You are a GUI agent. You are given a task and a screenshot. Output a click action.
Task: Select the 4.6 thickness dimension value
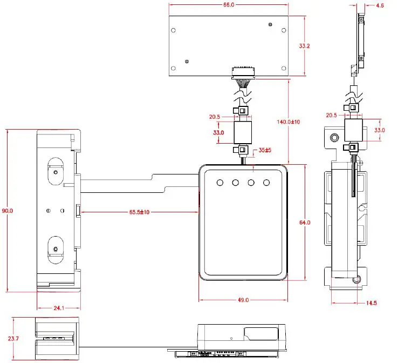tap(380, 5)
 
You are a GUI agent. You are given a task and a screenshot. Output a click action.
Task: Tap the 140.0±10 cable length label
tap(289, 122)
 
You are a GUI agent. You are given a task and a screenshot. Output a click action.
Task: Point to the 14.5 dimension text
tap(372, 303)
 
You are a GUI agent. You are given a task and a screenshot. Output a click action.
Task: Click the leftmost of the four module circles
tap(220, 183)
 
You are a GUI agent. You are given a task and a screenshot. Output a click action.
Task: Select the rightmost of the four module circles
tap(266, 183)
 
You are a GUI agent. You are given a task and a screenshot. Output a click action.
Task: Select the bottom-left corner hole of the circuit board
tap(173, 68)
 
